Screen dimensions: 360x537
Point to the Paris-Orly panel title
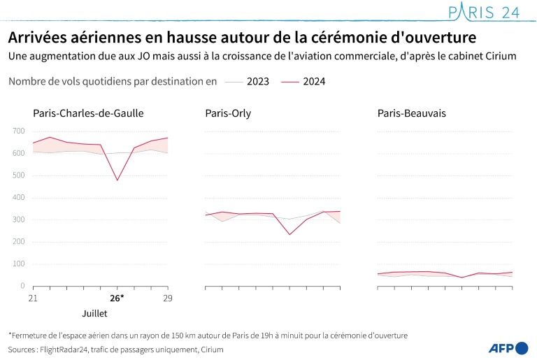coord(228,113)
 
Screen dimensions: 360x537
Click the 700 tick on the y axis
coord(18,131)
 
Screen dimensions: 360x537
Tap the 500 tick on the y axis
coord(18,175)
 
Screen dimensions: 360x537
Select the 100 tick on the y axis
coord(18,264)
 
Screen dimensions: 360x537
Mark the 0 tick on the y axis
coord(22,286)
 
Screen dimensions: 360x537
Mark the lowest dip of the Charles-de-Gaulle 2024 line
coord(117,180)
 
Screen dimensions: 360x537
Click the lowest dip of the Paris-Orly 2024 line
coord(289,234)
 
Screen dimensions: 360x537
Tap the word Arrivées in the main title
coord(38,36)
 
